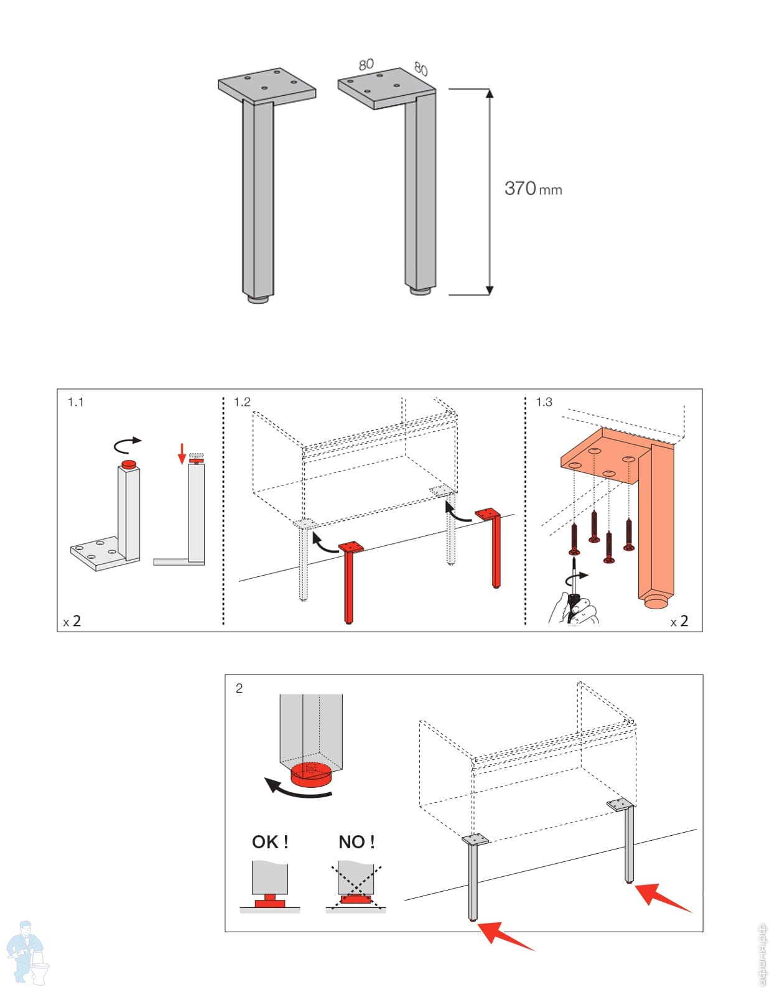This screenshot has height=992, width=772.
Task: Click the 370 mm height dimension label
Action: (532, 188)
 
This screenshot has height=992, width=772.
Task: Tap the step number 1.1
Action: (75, 402)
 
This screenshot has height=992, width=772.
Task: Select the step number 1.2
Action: (242, 402)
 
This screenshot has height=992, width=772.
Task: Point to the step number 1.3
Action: (544, 402)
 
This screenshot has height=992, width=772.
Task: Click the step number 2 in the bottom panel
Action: (239, 688)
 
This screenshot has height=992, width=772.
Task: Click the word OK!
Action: (270, 842)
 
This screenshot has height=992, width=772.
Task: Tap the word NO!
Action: (356, 842)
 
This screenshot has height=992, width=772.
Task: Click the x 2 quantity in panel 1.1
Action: (72, 621)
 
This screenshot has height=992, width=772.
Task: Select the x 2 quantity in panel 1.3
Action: (679, 621)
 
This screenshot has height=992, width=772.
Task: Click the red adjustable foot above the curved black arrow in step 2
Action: (311, 773)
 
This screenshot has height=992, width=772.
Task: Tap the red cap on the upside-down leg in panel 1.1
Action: (129, 464)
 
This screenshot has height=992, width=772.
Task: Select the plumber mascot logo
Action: (26, 953)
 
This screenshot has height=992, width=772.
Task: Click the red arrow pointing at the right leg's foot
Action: (661, 897)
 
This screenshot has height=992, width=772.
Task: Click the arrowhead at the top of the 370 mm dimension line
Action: (490, 94)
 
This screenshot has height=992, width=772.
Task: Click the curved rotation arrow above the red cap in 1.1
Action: (128, 443)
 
